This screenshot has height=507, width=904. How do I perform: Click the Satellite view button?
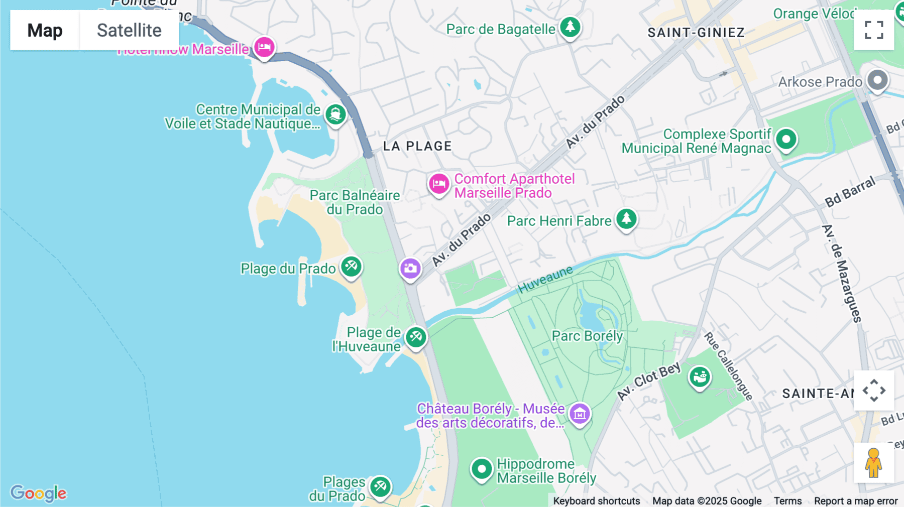pyautogui.click(x=129, y=30)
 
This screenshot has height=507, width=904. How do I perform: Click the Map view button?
pyautogui.click(x=45, y=30)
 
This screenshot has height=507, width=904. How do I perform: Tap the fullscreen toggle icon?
pyautogui.click(x=874, y=30)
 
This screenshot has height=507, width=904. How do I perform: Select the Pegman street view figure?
pyautogui.click(x=873, y=463)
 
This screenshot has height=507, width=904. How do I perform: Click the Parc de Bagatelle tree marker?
pyautogui.click(x=570, y=27)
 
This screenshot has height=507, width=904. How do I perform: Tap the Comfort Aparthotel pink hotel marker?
pyautogui.click(x=438, y=184)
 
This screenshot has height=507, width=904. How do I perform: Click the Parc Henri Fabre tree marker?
pyautogui.click(x=626, y=218)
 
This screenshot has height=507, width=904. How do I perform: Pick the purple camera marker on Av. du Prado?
pyautogui.click(x=410, y=268)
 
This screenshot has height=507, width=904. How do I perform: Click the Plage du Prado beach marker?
pyautogui.click(x=351, y=266)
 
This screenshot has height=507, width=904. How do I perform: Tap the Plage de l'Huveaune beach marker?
pyautogui.click(x=416, y=337)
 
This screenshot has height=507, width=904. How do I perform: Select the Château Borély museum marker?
pyautogui.click(x=580, y=414)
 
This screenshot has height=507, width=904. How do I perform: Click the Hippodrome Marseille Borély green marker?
pyautogui.click(x=482, y=469)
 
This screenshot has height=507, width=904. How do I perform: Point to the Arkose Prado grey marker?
pyautogui.click(x=877, y=80)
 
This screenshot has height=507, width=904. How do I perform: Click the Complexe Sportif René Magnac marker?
pyautogui.click(x=786, y=139)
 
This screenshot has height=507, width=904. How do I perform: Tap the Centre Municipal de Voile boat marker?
pyautogui.click(x=335, y=114)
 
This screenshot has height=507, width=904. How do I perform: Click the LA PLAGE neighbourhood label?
pyautogui.click(x=417, y=146)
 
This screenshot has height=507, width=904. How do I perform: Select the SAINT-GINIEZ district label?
pyautogui.click(x=696, y=33)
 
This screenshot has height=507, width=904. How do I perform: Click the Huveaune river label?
pyautogui.click(x=545, y=279)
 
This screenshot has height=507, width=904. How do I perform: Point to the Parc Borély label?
pyautogui.click(x=587, y=336)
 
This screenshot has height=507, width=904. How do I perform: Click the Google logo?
pyautogui.click(x=38, y=493)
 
